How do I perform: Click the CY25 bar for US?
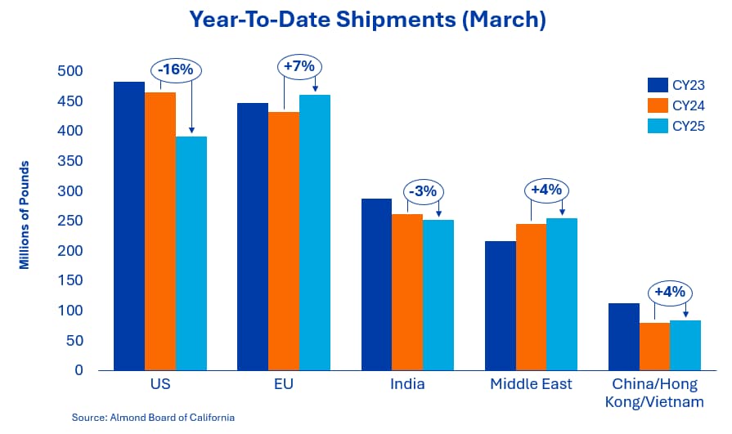[191, 253]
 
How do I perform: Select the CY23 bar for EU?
[253, 236]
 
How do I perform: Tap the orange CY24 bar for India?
[407, 292]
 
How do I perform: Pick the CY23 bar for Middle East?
[501, 306]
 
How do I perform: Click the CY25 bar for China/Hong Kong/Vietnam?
[685, 346]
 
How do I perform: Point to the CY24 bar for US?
[160, 231]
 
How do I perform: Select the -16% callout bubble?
[176, 70]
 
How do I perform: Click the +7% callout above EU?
[299, 66]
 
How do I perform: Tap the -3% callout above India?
[424, 191]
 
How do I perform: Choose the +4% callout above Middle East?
[546, 190]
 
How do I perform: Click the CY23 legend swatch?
[658, 85]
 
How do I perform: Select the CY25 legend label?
[689, 127]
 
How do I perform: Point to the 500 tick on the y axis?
[70, 71]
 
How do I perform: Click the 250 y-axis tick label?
[70, 221]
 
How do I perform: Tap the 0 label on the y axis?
[79, 370]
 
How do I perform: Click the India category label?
[407, 384]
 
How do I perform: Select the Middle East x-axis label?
[531, 384]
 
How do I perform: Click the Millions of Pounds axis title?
[24, 215]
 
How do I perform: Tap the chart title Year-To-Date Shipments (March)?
[367, 20]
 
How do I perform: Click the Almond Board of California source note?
[153, 417]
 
